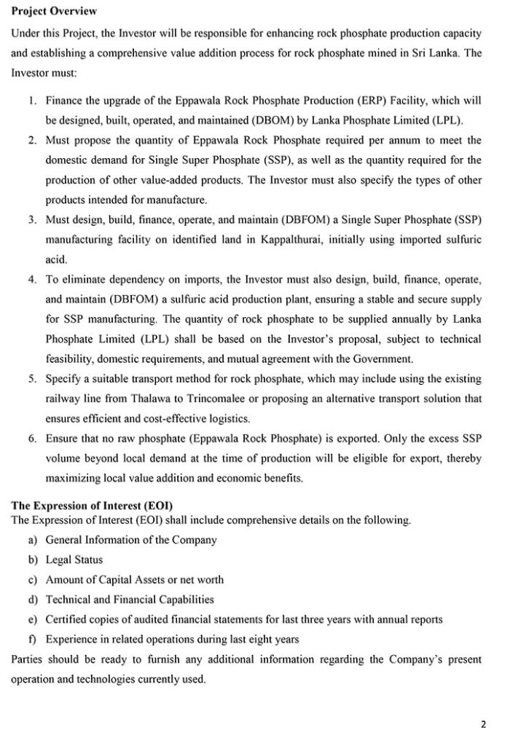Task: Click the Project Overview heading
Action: click(55, 12)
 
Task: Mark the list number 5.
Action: click(34, 379)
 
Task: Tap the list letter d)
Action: click(33, 600)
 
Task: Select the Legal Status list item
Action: click(74, 560)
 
